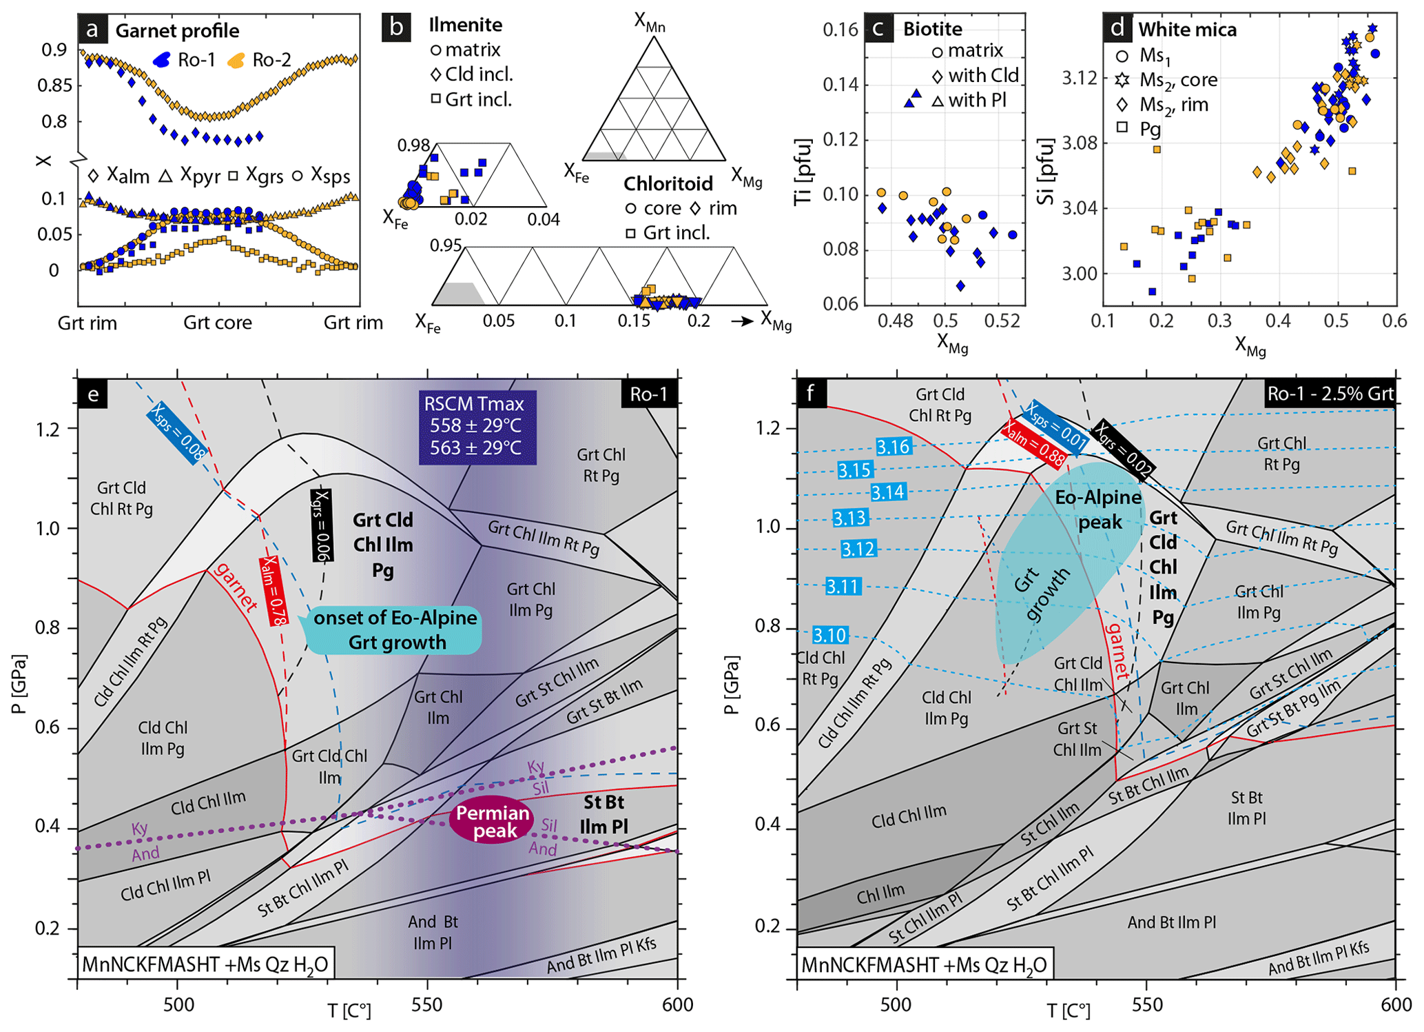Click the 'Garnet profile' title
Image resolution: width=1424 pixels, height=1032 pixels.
[x=177, y=31]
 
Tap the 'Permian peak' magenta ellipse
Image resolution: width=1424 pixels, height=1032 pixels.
[x=493, y=822]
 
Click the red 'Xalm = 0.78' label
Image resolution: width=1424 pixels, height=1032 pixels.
[x=272, y=591]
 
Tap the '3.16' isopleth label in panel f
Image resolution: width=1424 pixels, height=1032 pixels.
[x=893, y=447]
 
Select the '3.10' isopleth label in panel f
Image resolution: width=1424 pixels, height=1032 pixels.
[x=829, y=635]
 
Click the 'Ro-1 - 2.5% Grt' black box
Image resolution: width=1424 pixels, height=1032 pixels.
[x=1330, y=394]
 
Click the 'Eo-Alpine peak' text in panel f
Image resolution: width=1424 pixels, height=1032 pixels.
[x=1098, y=509]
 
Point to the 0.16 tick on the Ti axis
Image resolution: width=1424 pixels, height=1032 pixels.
[x=840, y=30]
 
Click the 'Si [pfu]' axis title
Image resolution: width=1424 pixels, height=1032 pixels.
[x=1045, y=172]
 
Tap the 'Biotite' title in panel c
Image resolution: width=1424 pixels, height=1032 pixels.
[x=932, y=29]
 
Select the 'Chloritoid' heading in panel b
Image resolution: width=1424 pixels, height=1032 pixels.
[x=668, y=183]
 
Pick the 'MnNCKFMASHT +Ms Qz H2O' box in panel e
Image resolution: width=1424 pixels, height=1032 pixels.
[x=205, y=964]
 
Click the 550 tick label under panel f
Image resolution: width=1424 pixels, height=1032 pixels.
[x=1146, y=1004]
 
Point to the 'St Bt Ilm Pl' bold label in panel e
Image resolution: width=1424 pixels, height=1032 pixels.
[x=603, y=814]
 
